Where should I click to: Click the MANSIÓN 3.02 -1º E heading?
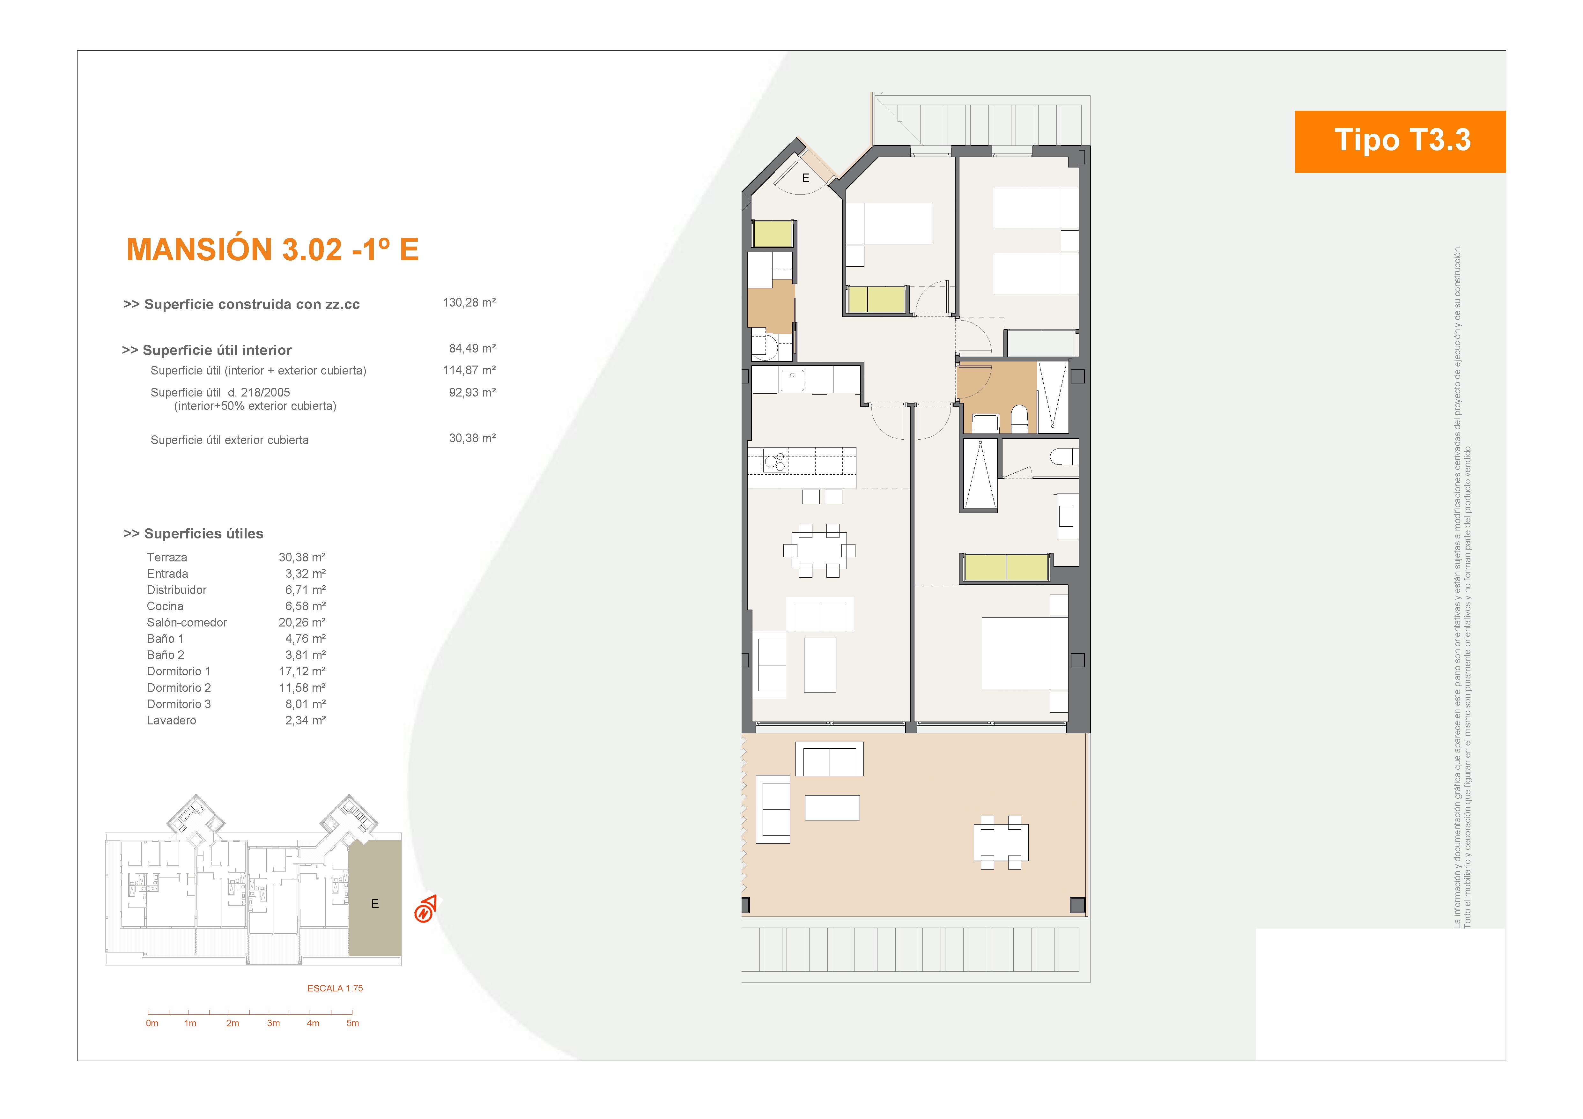[x=272, y=249]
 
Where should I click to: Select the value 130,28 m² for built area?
[x=469, y=303]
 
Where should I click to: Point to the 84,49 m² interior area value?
[x=472, y=349]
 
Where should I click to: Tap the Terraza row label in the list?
[x=167, y=557]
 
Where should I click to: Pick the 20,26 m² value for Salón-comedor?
[x=302, y=623]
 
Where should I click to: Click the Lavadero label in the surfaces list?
[x=172, y=721]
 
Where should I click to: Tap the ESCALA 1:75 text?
[x=335, y=988]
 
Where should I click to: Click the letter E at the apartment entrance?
[x=805, y=178]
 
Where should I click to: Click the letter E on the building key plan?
[x=375, y=904]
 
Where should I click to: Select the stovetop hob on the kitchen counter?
[x=775, y=461]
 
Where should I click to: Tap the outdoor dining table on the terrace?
[x=1001, y=842]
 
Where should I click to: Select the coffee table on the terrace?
[x=832, y=807]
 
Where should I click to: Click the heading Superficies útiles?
[x=194, y=534]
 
